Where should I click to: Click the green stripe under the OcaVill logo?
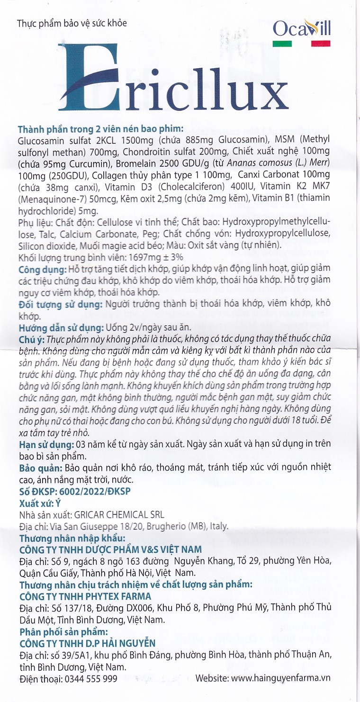(282, 44)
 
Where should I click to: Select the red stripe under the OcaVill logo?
(320, 44)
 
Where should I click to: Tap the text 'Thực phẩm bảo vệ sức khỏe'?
(71, 23)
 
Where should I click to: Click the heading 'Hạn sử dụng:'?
(45, 444)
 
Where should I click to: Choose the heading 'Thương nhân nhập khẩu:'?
(72, 538)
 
